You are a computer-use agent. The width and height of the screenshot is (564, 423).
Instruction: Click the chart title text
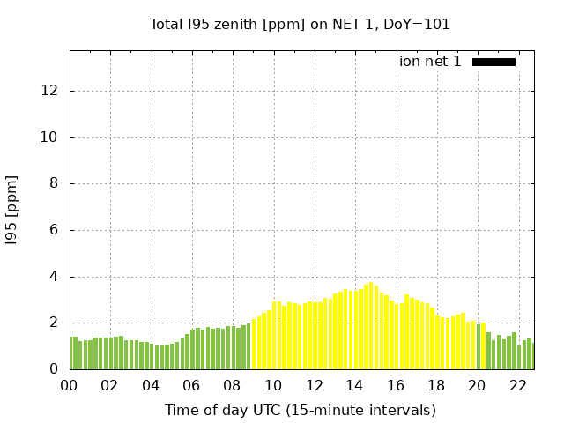300,24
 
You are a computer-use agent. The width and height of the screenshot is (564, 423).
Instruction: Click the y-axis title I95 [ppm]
12,209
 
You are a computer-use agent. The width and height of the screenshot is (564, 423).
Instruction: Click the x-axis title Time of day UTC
300,410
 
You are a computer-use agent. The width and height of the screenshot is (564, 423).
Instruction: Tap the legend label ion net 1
430,62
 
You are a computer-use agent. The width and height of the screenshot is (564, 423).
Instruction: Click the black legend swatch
493,62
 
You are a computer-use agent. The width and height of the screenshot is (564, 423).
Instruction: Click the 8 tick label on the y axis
55,184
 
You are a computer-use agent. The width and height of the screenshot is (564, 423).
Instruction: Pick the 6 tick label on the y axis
55,230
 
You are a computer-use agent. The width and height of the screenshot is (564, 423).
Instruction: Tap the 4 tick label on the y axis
55,277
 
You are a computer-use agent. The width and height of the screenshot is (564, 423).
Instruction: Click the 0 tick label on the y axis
55,369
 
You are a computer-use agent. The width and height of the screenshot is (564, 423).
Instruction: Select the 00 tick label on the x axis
69,385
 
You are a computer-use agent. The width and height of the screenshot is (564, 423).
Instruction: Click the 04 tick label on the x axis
151,385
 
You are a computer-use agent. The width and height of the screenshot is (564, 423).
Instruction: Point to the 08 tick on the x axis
232,385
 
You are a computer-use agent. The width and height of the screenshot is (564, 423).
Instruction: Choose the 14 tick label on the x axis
354,385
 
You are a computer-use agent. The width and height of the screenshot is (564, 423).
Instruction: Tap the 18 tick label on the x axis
436,385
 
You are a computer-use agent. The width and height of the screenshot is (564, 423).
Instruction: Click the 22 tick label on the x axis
517,385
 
